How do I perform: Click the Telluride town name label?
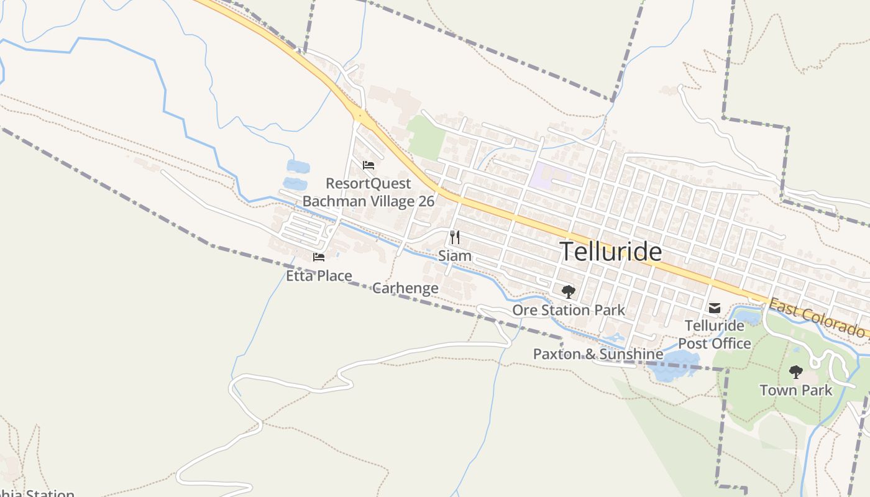point(611,252)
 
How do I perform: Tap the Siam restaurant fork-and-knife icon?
point(455,237)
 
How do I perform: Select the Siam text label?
point(455,256)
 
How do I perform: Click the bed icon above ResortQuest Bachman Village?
point(369,165)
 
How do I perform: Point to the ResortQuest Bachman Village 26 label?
point(369,192)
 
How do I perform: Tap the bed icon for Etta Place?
point(319,257)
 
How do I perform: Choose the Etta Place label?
point(319,276)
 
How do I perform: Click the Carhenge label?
point(405,288)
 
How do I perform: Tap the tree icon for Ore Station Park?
point(568,291)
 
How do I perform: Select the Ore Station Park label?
point(569,310)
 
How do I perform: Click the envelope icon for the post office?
point(715,308)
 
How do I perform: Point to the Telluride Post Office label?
point(715,334)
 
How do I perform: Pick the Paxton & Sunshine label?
point(598,354)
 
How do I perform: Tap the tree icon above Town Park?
point(796,372)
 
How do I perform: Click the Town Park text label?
point(796,390)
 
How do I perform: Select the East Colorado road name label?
point(818,319)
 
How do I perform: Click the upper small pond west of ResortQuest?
point(298,166)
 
